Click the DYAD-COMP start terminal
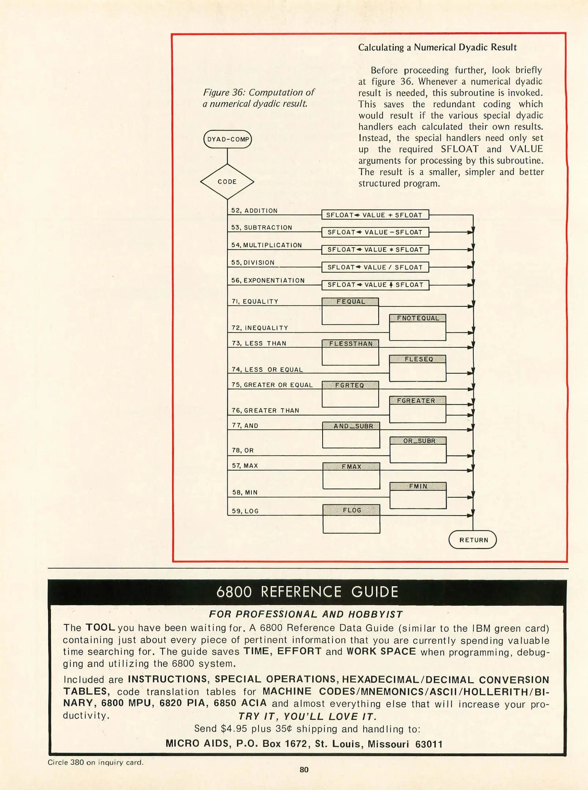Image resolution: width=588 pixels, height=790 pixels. [x=227, y=139]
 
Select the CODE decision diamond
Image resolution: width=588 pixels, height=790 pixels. [x=227, y=182]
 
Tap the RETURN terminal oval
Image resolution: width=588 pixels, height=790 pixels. [x=473, y=540]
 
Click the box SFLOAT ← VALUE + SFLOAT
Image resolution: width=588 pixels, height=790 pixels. [x=375, y=215]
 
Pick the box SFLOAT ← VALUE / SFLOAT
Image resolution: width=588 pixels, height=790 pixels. [x=375, y=267]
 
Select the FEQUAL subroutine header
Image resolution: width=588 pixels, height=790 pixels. [x=350, y=302]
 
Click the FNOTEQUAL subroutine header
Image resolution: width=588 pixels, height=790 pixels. [x=417, y=318]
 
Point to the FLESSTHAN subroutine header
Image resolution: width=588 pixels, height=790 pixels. [x=350, y=343]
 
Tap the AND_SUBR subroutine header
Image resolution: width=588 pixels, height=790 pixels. [x=351, y=426]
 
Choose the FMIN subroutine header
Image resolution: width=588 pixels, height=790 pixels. [x=418, y=486]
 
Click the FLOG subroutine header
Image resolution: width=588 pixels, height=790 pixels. [x=351, y=510]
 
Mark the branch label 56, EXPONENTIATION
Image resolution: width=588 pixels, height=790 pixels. [x=268, y=281]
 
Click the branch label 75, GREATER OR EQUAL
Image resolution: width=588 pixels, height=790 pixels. [x=272, y=385]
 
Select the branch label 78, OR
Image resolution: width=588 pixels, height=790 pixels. [x=243, y=450]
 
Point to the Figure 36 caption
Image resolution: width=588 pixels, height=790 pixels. [x=258, y=98]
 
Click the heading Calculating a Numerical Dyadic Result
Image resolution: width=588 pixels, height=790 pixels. [x=437, y=48]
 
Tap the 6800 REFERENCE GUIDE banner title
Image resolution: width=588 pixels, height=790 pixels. [x=307, y=592]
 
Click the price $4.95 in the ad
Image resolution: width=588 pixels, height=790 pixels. [x=234, y=729]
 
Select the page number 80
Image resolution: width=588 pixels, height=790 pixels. [x=304, y=770]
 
